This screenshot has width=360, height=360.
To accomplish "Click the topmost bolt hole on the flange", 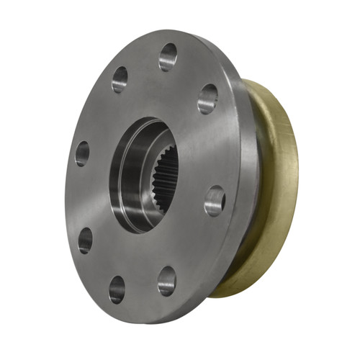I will tap(168, 56).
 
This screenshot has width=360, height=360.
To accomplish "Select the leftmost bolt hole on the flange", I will tap(82, 153).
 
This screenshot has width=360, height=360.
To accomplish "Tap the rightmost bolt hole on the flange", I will tap(215, 201).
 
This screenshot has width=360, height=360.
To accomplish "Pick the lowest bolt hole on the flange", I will tap(117, 288).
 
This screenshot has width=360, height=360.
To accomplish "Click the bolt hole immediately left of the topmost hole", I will tap(120, 79).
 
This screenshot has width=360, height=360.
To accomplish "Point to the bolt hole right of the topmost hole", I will tap(207, 98).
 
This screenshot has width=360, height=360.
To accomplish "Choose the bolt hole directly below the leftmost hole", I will tap(85, 240).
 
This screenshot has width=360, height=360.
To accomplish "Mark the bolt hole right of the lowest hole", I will tap(167, 280).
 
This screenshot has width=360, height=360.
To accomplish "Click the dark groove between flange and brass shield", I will tap(253, 187).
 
